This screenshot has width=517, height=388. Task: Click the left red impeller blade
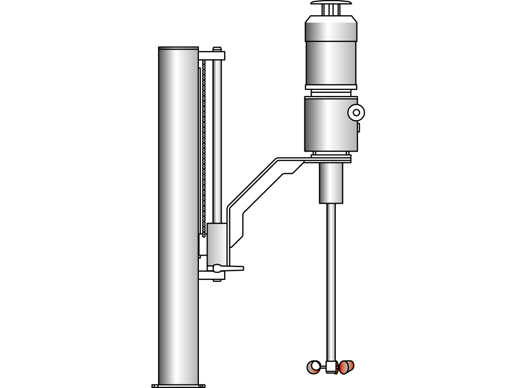[x=313, y=367]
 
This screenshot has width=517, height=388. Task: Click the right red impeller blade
[x=346, y=367]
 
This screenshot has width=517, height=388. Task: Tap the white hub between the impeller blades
[x=331, y=366]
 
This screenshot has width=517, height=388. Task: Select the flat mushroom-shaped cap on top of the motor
[x=331, y=3]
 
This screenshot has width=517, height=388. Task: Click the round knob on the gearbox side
[x=356, y=112]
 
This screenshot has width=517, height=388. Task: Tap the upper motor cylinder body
[x=331, y=63]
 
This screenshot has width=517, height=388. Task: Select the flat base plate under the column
[x=178, y=386]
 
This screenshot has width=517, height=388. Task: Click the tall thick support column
[x=178, y=212]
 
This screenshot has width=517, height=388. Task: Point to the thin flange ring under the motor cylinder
[x=331, y=87]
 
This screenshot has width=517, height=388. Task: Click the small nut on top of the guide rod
[x=217, y=49]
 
